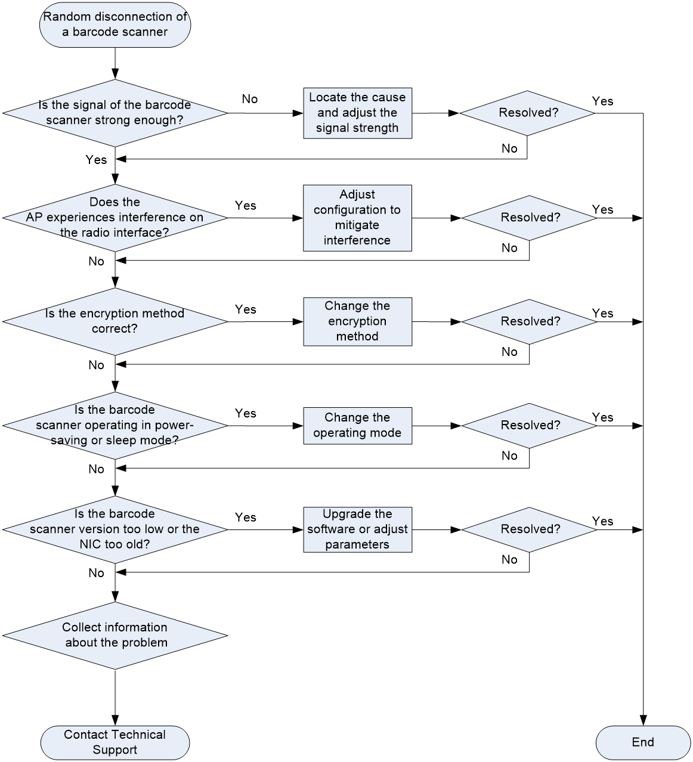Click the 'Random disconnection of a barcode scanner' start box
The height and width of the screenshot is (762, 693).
[115, 24]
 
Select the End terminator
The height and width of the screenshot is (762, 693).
[643, 743]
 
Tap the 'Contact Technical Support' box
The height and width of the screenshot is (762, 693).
[115, 743]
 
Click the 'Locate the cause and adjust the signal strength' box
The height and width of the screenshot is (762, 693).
[357, 113]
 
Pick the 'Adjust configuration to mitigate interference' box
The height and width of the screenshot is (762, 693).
[357, 218]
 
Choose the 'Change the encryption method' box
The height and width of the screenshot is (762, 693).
[357, 322]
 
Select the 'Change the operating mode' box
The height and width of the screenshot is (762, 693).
[357, 426]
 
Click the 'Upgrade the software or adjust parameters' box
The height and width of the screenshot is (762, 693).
[357, 529]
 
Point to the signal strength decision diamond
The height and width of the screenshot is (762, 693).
[115, 113]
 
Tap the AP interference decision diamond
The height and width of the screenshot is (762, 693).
[115, 218]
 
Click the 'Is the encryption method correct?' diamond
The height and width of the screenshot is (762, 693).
[115, 322]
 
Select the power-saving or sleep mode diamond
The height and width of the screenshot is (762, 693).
[115, 426]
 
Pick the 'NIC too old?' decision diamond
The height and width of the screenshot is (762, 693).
[115, 529]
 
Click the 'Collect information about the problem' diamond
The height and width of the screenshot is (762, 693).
[115, 636]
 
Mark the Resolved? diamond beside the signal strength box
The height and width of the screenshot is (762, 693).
[527, 113]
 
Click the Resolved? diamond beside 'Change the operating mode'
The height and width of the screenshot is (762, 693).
[529, 426]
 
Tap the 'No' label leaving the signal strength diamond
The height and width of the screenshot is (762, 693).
[250, 99]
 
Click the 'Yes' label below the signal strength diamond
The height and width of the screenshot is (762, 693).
[96, 160]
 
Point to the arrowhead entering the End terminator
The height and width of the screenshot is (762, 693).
[643, 721]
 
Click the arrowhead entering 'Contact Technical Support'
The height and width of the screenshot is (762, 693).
[115, 721]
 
